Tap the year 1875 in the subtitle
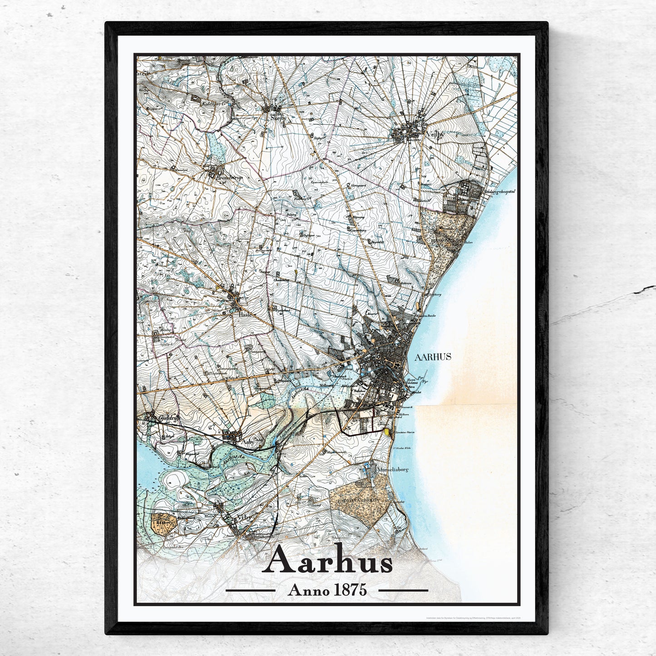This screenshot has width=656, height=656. point(350,591)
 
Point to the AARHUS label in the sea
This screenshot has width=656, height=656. point(433,357)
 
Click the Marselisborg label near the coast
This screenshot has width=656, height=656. point(390,470)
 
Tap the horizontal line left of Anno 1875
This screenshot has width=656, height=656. point(250,591)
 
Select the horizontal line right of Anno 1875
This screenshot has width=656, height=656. point(403,591)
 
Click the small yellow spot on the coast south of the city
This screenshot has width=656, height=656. point(386,431)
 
